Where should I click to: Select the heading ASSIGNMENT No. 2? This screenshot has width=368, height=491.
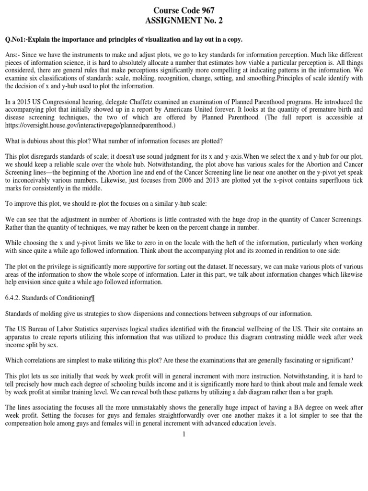[x=184, y=21]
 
